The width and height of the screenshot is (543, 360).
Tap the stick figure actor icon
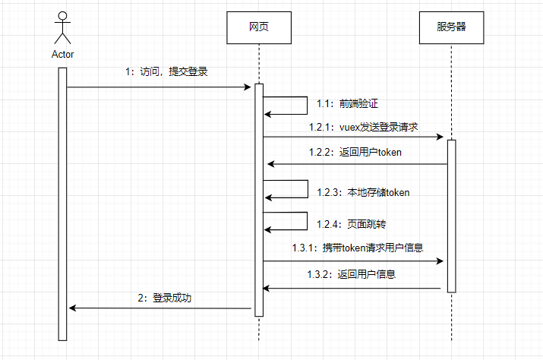(62, 28)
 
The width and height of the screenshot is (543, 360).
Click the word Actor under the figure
(62, 54)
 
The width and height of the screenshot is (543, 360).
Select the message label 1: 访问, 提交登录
(166, 72)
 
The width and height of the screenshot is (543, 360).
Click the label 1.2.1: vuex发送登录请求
(363, 126)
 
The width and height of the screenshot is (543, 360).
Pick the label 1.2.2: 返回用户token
(355, 152)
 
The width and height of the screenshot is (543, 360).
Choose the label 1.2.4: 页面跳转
(346, 224)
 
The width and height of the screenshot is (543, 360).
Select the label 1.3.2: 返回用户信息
(351, 274)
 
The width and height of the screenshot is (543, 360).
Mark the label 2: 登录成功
(165, 298)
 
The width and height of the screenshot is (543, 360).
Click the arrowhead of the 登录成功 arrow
(72, 308)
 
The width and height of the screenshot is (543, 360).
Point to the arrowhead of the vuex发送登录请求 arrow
(439, 137)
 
